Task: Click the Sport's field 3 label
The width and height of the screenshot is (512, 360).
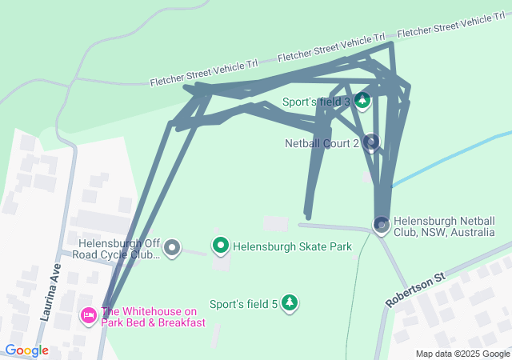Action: (316, 102)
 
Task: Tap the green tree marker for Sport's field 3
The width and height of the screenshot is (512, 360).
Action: (362, 101)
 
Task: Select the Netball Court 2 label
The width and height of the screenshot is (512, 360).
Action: (322, 144)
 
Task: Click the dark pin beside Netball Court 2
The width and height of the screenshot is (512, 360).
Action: (370, 142)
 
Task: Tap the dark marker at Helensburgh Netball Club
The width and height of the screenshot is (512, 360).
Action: (382, 225)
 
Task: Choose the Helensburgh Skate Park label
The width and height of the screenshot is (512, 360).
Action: (292, 246)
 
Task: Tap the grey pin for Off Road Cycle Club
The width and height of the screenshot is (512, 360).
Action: (171, 247)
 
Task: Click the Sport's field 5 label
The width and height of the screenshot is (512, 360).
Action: (243, 304)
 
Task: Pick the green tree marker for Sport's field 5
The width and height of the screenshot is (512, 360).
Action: (290, 303)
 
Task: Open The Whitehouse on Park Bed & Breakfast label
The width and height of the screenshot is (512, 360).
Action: (153, 317)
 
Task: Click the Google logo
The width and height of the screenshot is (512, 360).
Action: (27, 350)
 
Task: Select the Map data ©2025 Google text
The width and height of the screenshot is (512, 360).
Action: (462, 354)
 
